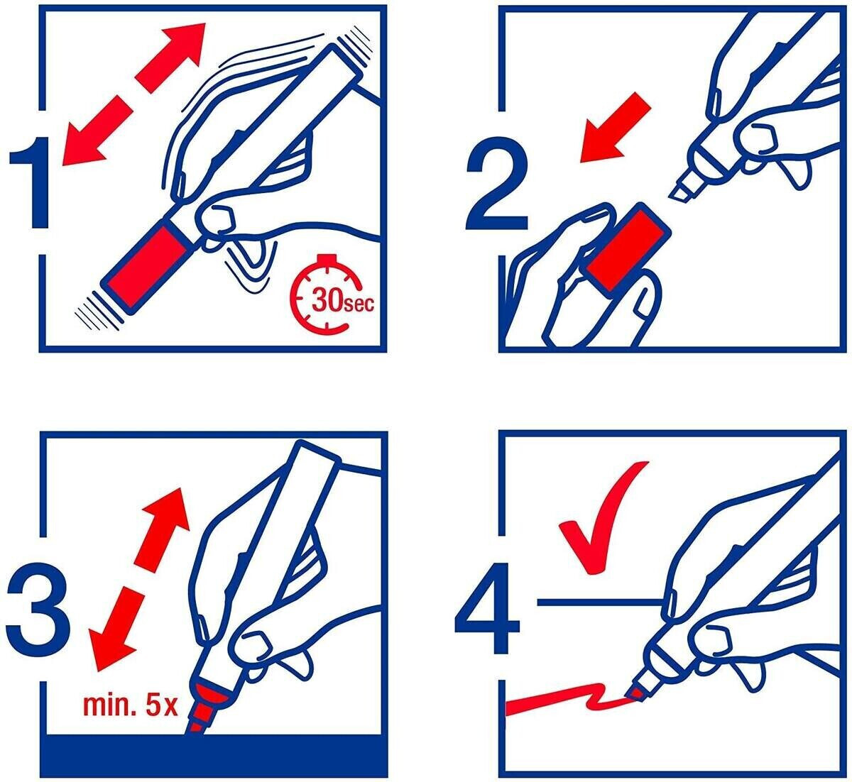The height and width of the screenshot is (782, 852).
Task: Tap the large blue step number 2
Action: (497, 182)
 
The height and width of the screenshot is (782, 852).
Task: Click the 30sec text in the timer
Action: (343, 299)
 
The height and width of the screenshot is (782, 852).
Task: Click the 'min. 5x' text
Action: (131, 705)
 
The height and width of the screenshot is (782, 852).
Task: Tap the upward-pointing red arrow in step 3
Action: (163, 527)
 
